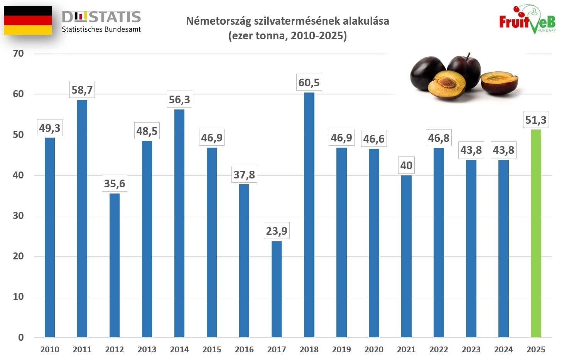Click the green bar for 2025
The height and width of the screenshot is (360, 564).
[536, 233]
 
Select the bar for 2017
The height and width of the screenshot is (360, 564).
[277, 289]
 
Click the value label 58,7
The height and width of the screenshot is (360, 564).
[82, 90]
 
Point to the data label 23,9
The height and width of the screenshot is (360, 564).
[277, 231]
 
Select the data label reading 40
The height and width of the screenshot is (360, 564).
[406, 165]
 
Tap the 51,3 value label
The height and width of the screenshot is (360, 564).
[536, 120]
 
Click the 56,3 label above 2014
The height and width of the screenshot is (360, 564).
[179, 99]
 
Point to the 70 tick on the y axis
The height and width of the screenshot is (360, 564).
[18, 54]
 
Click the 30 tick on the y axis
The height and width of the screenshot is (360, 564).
[18, 216]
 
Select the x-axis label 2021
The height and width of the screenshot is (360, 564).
[406, 350]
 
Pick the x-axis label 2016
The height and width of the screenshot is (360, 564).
[244, 350]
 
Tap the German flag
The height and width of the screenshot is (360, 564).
[28, 20]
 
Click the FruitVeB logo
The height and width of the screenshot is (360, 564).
[527, 20]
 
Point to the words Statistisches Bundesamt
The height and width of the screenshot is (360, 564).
[101, 29]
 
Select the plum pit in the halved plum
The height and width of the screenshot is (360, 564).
[448, 82]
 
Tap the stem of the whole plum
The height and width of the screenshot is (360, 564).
[468, 56]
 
